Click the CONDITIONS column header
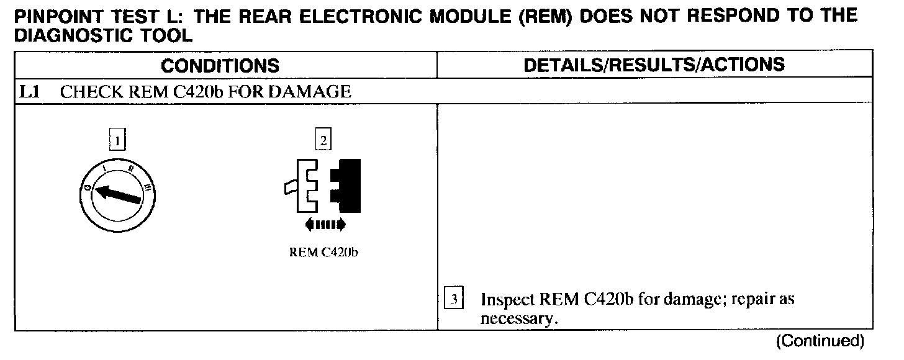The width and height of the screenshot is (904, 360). [x=220, y=65]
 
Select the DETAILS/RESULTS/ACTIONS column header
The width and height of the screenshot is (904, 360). [x=654, y=65]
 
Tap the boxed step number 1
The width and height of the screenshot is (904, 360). [x=116, y=141]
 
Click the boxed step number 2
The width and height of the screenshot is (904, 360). [x=323, y=141]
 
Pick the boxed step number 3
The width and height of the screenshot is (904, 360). [x=454, y=300]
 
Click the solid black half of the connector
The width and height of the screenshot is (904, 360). [x=346, y=185]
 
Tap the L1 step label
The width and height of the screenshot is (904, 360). [x=28, y=92]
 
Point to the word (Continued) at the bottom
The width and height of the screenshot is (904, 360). [x=819, y=341]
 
